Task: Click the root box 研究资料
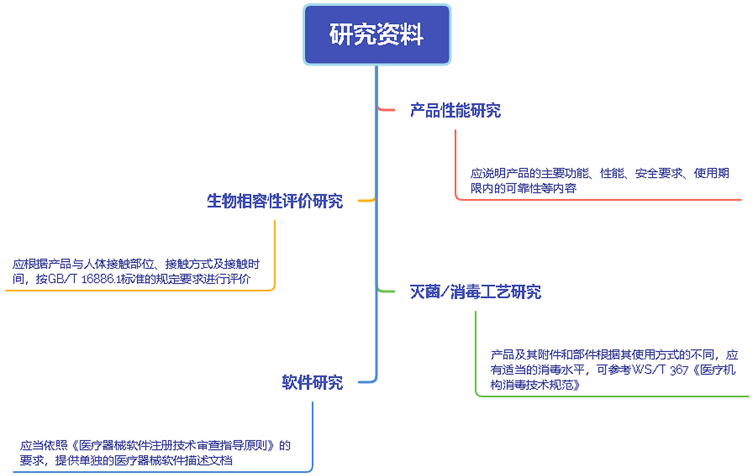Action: [x=377, y=34]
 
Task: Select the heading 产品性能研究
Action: [x=455, y=110]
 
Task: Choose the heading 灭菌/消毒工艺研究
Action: [x=475, y=292]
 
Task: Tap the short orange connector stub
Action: [x=366, y=200]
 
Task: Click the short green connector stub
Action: [x=386, y=291]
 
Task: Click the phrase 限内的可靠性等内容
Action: [x=523, y=188]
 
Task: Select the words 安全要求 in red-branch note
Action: [x=659, y=173]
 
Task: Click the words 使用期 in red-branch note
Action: [x=711, y=173]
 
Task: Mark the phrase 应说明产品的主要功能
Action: [x=529, y=173]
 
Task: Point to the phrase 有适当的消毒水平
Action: [x=537, y=370]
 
